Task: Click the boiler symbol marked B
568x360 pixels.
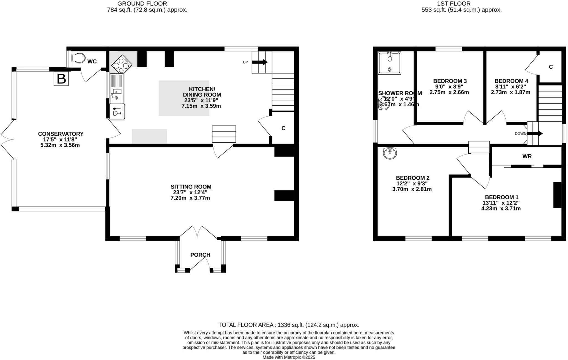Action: (x=61, y=79)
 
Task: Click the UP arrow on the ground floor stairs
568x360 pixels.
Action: (x=260, y=62)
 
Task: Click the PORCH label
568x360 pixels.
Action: (x=200, y=255)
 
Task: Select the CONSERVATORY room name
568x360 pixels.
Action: (x=61, y=134)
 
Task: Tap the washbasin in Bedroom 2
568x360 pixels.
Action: (x=390, y=153)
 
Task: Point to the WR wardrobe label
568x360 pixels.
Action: (x=527, y=156)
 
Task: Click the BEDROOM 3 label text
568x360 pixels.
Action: (x=450, y=81)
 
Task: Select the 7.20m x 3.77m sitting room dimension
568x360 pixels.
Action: (x=190, y=198)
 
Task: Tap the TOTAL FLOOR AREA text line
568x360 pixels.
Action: (x=288, y=325)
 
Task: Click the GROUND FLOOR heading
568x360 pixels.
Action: (x=142, y=4)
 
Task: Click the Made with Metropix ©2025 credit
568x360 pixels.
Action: (x=289, y=357)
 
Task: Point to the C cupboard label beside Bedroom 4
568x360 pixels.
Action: (x=551, y=67)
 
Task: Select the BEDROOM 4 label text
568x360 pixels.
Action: (x=511, y=81)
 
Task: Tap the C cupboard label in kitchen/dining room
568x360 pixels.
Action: (x=283, y=128)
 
